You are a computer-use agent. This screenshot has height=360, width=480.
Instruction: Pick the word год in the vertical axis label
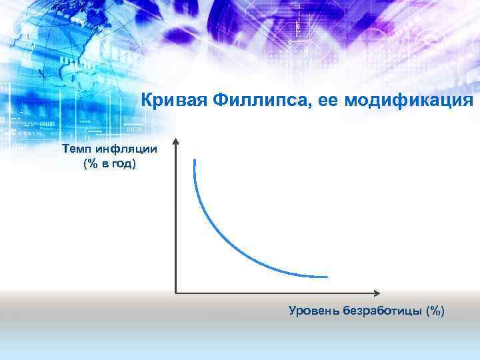(x=123, y=163)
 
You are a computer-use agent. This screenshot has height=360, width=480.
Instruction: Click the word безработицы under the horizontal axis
(x=384, y=310)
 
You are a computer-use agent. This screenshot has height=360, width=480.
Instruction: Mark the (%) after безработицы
(x=435, y=310)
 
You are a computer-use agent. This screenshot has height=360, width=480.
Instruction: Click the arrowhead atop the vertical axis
(x=176, y=141)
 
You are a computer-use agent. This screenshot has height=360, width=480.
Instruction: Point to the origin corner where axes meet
(x=176, y=292)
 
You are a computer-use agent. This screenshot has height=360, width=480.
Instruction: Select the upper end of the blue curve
(x=194, y=161)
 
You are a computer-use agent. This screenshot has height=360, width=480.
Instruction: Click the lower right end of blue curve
(x=326, y=276)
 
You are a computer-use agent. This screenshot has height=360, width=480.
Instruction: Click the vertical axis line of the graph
(x=176, y=220)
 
